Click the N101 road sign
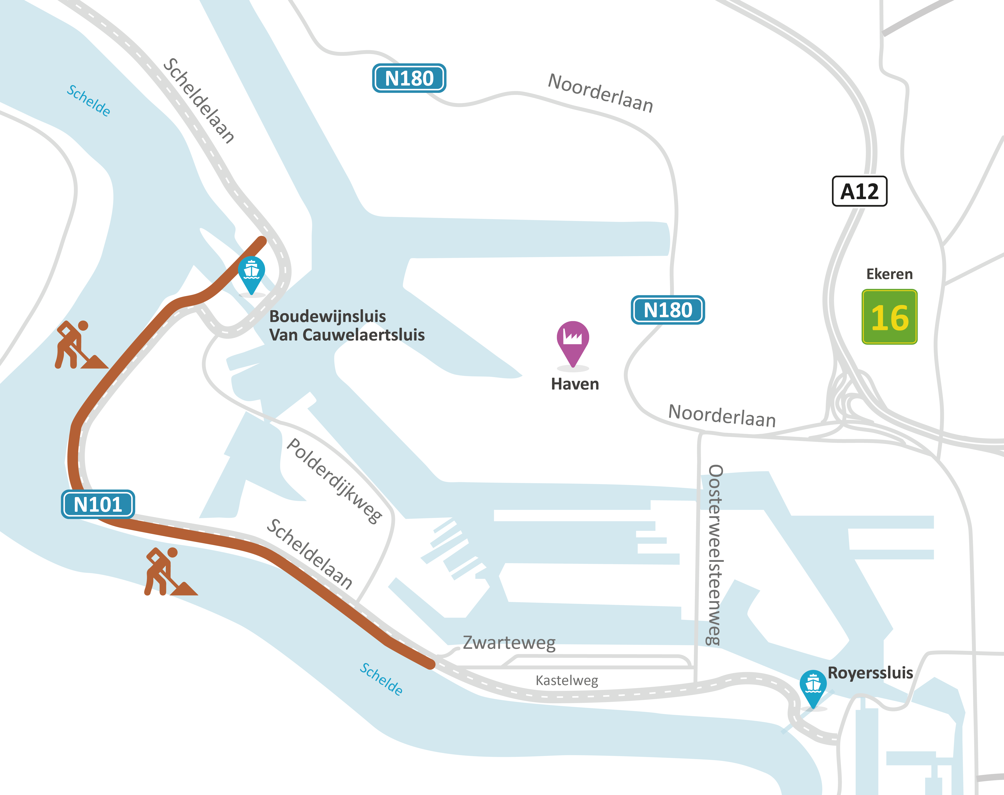(x=98, y=504)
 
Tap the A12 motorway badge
(x=859, y=191)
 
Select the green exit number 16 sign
(x=889, y=317)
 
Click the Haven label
(x=575, y=384)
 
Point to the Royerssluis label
(x=870, y=673)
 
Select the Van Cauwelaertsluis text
(x=347, y=335)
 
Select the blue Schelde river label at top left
(x=89, y=100)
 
